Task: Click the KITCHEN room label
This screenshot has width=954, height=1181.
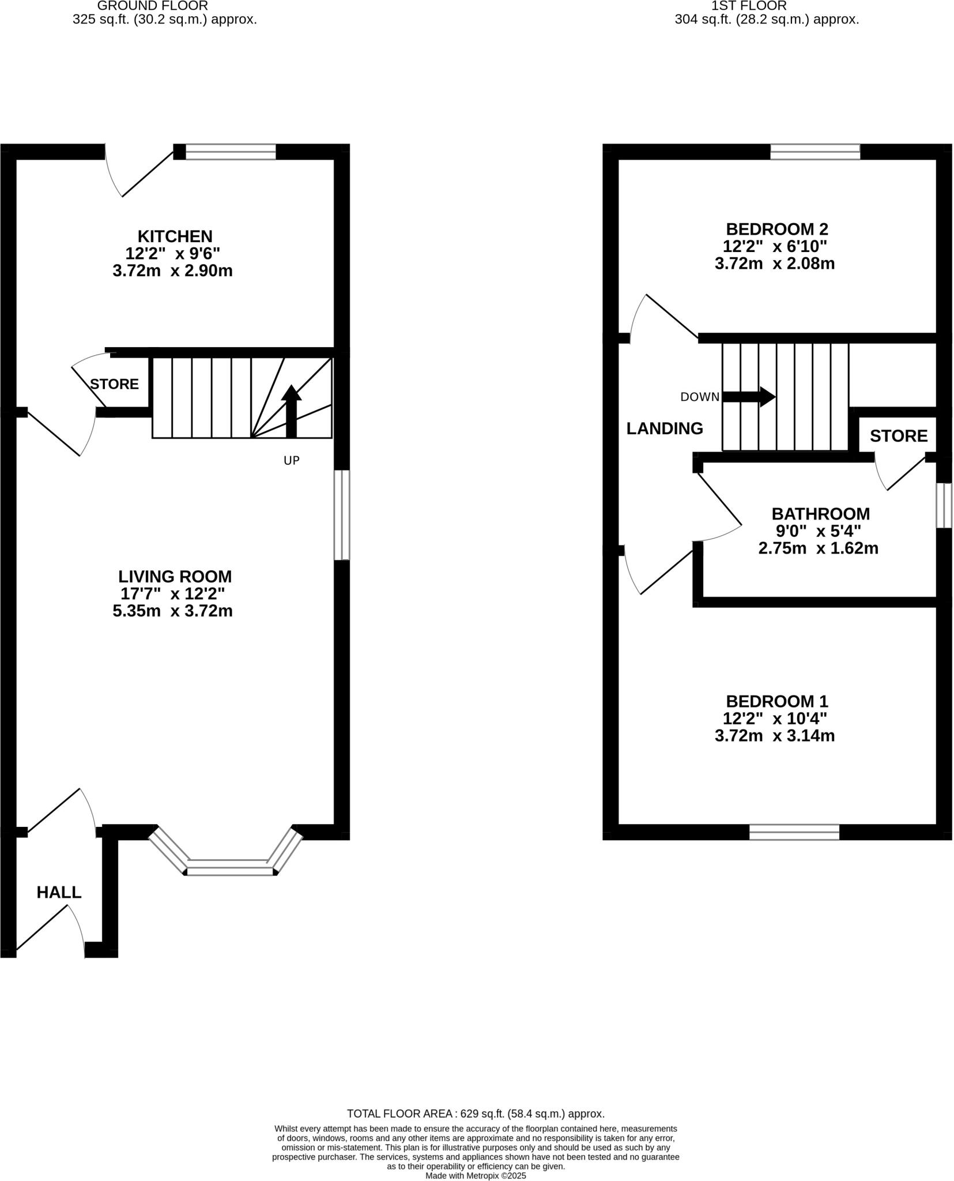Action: (175, 236)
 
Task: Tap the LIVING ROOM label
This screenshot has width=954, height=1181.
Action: (175, 576)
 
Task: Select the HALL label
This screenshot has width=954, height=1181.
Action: (59, 892)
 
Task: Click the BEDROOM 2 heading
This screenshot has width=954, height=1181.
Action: (776, 229)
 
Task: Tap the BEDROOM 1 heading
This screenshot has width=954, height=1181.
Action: (776, 701)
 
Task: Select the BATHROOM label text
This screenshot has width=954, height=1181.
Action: (820, 513)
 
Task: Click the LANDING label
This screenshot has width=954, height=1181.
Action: (665, 428)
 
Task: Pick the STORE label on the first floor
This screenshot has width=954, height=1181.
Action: (898, 436)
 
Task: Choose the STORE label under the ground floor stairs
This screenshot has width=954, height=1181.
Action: (114, 384)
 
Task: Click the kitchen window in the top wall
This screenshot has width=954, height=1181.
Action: (231, 152)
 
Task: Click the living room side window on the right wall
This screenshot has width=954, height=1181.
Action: (342, 514)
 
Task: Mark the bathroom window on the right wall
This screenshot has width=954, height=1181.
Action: (943, 505)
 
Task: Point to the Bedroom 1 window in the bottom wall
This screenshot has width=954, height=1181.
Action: (794, 832)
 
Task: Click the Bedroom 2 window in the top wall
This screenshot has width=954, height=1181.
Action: (815, 152)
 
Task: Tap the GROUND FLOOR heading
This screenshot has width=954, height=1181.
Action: (152, 6)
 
